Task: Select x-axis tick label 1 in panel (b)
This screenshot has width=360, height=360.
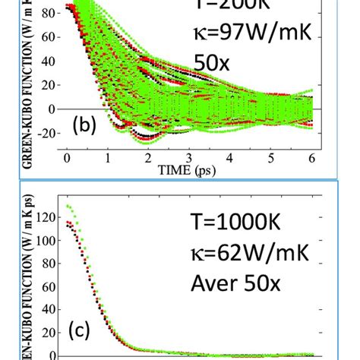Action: pyautogui.click(x=108, y=158)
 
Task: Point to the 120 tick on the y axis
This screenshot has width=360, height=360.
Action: pyautogui.click(x=50, y=217)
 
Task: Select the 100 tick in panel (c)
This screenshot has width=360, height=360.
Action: pyautogui.click(x=50, y=241)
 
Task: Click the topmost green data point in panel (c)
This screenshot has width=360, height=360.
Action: pyautogui.click(x=68, y=206)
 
